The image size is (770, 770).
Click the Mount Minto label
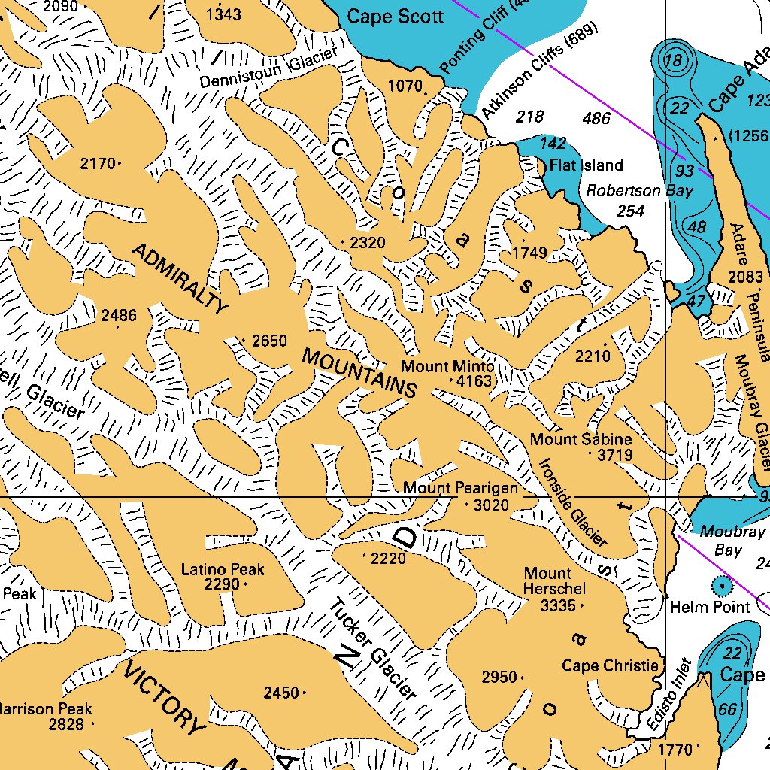coord(447,366)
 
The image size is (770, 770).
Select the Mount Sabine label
coord(581,439)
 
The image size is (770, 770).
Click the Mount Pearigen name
coord(460,488)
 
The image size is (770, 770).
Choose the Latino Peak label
coord(223,569)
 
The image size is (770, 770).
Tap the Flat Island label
coord(587,165)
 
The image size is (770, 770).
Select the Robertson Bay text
coord(638,191)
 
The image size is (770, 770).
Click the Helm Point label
coord(710,606)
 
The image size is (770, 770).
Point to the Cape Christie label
coord(611,665)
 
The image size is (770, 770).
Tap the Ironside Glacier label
coord(572,502)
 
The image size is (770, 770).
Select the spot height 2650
coord(269,341)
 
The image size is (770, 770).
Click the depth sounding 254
coord(630,211)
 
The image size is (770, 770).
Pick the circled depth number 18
coord(676,60)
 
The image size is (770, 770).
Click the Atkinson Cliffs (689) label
coord(539,71)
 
